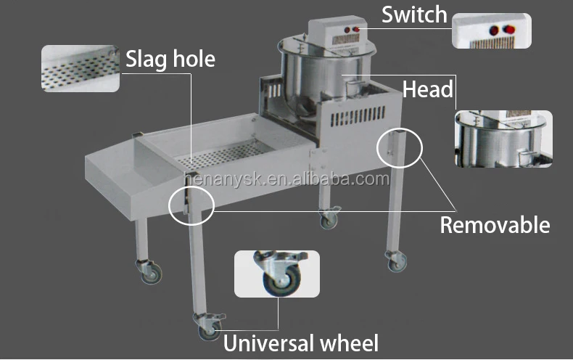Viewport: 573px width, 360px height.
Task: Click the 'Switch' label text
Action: (415, 15)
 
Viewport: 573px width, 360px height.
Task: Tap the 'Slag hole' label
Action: (170, 57)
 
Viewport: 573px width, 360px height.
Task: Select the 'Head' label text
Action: (428, 89)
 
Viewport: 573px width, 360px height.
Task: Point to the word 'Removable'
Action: (495, 224)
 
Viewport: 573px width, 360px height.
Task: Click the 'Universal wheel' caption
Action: (300, 342)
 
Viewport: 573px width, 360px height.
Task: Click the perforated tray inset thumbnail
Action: (80, 69)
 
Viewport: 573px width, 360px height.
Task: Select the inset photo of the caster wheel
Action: (276, 274)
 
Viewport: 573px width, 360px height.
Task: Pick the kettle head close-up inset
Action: (503, 139)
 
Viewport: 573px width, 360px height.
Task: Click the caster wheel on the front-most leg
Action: (208, 329)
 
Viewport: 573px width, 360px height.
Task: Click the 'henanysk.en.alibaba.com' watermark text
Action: (286, 179)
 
